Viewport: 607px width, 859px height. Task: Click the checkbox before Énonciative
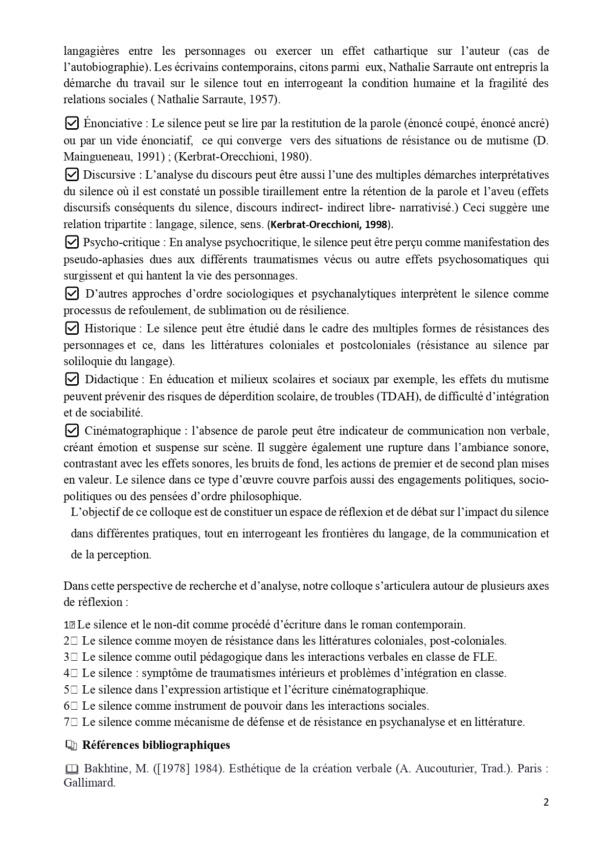pyautogui.click(x=71, y=123)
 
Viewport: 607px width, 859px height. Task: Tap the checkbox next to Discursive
pyautogui.click(x=71, y=174)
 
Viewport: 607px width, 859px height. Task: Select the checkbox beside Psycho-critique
pyautogui.click(x=71, y=242)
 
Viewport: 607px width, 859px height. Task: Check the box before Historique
pyautogui.click(x=71, y=327)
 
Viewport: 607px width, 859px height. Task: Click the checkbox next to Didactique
pyautogui.click(x=71, y=379)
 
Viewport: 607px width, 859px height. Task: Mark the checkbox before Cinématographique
pyautogui.click(x=71, y=430)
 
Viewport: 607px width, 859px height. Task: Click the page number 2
pyautogui.click(x=546, y=802)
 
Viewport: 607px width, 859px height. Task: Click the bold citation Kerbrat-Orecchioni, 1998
pyautogui.click(x=331, y=225)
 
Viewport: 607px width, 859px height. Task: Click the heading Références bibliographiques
pyautogui.click(x=156, y=745)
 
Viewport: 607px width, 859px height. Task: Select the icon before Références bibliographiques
pyautogui.click(x=71, y=745)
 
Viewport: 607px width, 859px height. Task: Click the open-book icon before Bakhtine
pyautogui.click(x=71, y=769)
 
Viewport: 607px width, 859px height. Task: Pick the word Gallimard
pyautogui.click(x=89, y=783)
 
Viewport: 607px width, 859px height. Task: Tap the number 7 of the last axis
pyautogui.click(x=67, y=722)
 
